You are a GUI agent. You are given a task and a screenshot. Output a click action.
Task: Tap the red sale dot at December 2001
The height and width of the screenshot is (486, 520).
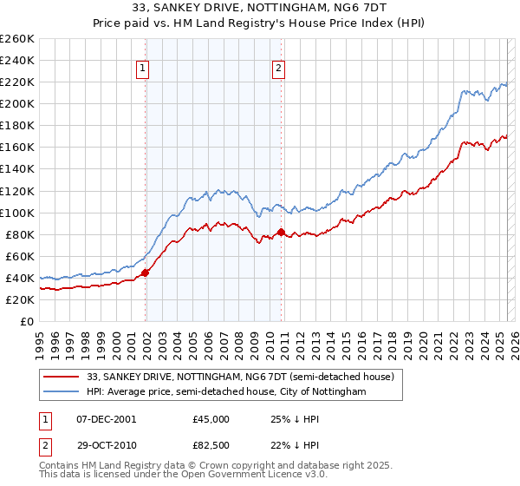point(146,273)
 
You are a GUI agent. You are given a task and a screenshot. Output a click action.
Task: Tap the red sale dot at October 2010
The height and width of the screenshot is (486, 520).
point(281,232)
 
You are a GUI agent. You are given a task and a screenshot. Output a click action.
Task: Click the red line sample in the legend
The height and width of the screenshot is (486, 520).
point(62,377)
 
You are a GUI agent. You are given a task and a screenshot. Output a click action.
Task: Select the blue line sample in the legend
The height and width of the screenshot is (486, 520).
point(62,392)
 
